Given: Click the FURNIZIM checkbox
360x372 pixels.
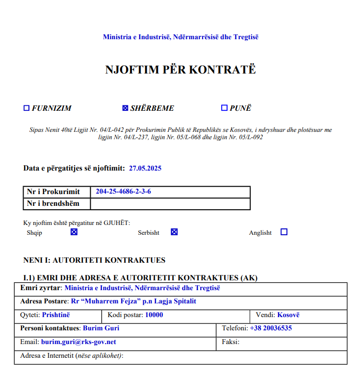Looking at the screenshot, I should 26,108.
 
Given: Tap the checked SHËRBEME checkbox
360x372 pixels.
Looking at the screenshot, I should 125,108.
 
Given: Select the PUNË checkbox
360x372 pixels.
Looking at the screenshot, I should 224,108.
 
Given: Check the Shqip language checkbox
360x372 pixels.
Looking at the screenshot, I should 74,232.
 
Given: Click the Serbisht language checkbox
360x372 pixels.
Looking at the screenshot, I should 174,232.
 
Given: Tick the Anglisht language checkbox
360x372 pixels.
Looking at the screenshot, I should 283,232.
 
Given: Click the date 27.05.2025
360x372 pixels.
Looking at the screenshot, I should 145,168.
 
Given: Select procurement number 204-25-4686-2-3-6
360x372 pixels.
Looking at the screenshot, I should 123,192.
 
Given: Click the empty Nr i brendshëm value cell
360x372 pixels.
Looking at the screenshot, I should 170,203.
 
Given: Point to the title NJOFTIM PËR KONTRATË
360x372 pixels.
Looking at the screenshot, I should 180,70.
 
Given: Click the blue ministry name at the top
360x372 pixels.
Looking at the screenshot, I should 180,37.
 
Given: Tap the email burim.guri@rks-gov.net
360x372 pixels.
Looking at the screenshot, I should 78,342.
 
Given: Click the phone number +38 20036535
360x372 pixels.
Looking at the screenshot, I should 271,328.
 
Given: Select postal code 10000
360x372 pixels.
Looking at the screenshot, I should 154,315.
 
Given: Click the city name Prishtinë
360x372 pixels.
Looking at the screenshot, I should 56,315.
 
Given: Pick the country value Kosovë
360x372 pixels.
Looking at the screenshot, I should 288,315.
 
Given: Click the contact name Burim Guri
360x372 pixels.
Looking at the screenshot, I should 101,328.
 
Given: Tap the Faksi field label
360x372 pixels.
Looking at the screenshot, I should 231,342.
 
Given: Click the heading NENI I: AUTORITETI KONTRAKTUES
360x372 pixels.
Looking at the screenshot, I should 94,260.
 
